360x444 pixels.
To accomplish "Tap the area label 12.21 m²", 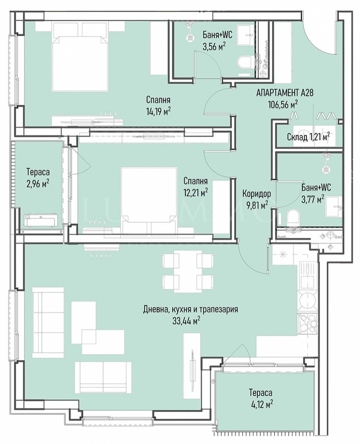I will coord(195,192).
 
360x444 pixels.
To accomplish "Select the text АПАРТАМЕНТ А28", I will coord(284,93).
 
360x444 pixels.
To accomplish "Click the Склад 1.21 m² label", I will coord(308,136).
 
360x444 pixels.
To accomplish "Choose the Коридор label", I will coord(256,194).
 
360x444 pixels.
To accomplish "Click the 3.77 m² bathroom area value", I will coord(315,199).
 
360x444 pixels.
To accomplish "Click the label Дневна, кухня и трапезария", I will coord(190,309).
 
